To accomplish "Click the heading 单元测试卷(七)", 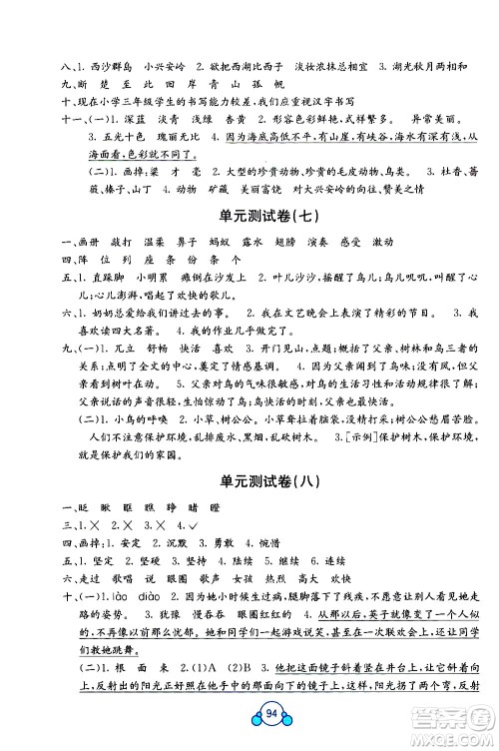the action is [x=249, y=216].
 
